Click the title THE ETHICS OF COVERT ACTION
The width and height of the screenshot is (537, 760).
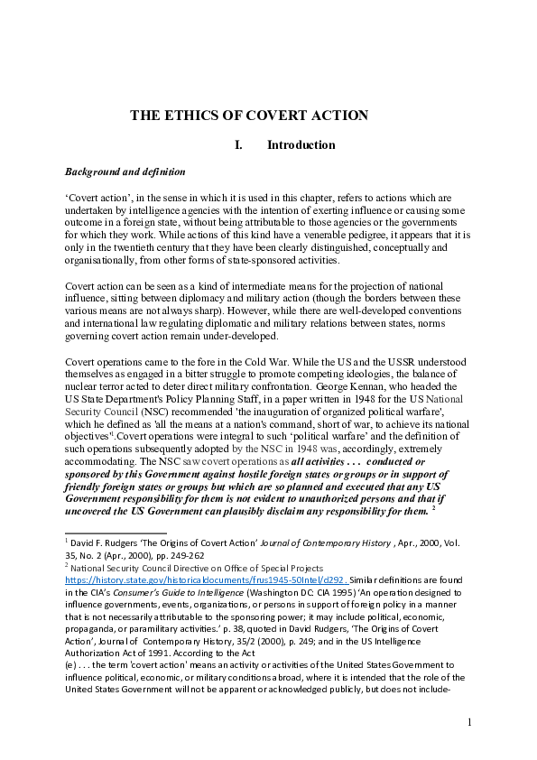[249, 116]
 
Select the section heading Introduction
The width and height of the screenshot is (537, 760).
[301, 145]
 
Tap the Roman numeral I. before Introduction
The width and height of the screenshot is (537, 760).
[238, 145]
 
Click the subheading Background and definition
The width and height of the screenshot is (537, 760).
[125, 171]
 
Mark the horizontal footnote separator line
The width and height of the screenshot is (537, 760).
[116, 533]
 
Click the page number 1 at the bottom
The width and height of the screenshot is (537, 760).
[470, 722]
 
